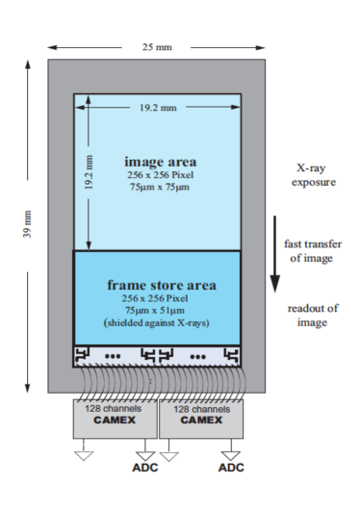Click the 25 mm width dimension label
click(x=157, y=47)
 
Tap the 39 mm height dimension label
click(x=28, y=224)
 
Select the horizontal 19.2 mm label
click(x=158, y=108)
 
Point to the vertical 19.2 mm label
click(x=89, y=172)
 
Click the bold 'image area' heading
click(x=161, y=162)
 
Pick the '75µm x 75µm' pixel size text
click(x=160, y=187)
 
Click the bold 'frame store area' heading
click(x=162, y=285)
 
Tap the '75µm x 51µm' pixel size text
click(x=155, y=311)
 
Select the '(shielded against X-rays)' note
click(x=156, y=323)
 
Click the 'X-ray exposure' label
click(x=313, y=175)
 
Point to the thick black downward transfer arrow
click(x=275, y=254)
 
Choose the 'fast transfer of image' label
click(x=313, y=251)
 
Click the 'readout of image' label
click(x=313, y=316)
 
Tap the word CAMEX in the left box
click(x=115, y=420)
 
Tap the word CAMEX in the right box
click(x=201, y=420)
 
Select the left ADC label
click(x=145, y=468)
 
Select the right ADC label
click(x=231, y=468)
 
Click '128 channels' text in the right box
click(x=201, y=409)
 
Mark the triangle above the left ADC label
click(x=145, y=456)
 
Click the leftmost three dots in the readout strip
click(x=113, y=356)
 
